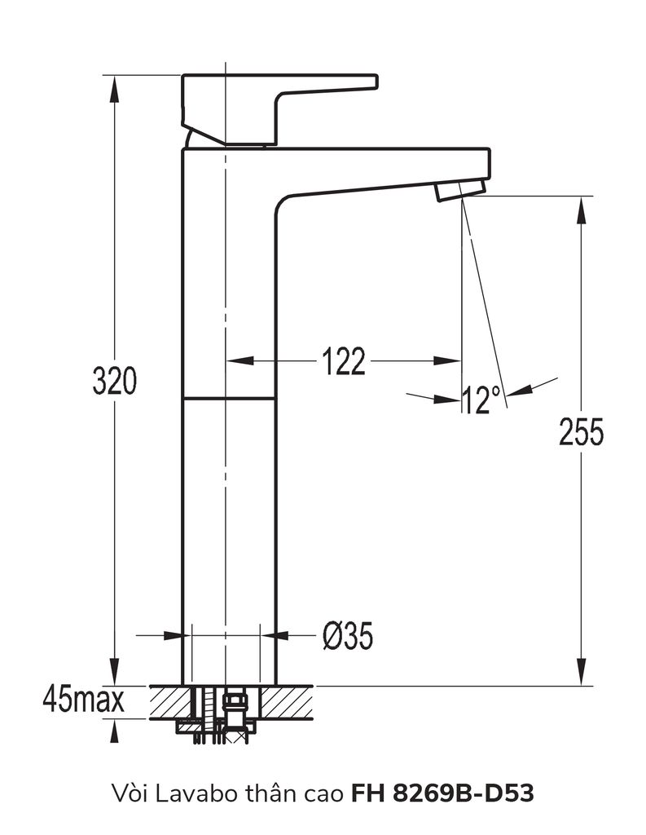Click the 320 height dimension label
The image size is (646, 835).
click(115, 381)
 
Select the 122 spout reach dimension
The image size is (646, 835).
click(343, 361)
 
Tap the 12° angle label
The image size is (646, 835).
click(481, 400)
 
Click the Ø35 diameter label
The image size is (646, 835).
click(348, 636)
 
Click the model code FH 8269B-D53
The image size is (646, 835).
click(443, 791)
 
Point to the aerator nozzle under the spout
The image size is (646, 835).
click(459, 191)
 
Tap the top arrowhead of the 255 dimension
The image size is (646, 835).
click(581, 209)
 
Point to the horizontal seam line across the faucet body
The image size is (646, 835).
click(230, 399)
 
